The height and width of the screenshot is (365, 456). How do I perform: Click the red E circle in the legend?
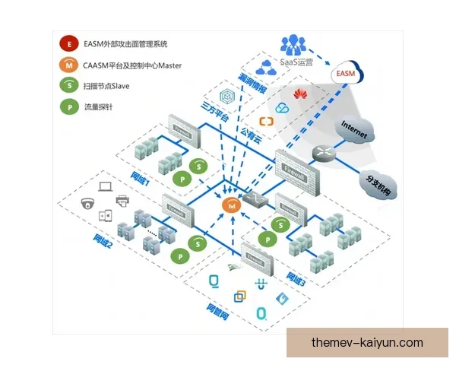tap(70, 44)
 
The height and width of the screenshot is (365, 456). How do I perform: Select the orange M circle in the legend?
tap(70, 65)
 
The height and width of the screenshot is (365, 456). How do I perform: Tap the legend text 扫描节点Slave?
tap(106, 86)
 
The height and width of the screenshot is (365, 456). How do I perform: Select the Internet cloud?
tap(354, 130)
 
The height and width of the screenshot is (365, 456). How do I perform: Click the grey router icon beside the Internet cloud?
tap(322, 151)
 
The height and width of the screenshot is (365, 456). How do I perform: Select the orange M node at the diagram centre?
tap(230, 205)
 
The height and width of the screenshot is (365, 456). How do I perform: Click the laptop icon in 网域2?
tap(106, 185)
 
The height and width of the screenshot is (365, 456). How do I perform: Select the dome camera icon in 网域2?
tap(87, 203)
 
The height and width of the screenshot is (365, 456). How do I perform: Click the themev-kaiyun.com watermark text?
tap(367, 343)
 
